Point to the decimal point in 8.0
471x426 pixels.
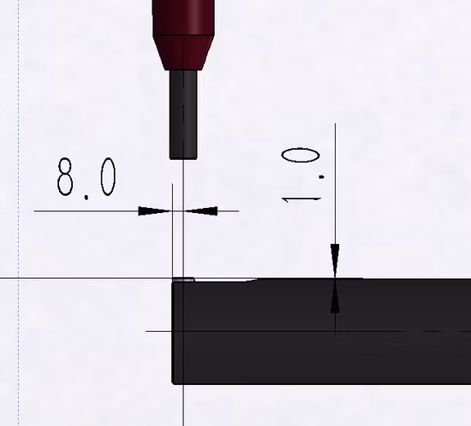[x=87, y=195]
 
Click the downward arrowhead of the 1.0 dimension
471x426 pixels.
[x=335, y=257]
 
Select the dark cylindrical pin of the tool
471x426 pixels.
[x=183, y=111]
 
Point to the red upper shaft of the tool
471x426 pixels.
[x=183, y=13]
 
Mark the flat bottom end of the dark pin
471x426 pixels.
[x=183, y=157]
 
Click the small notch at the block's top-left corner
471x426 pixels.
[x=184, y=278]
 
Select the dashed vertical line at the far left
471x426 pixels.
[x=18, y=214]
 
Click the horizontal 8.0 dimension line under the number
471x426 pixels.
[x=86, y=210]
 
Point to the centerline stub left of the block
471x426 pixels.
[x=158, y=330]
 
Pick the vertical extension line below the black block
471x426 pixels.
[x=183, y=406]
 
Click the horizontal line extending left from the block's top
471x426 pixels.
[x=86, y=279]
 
